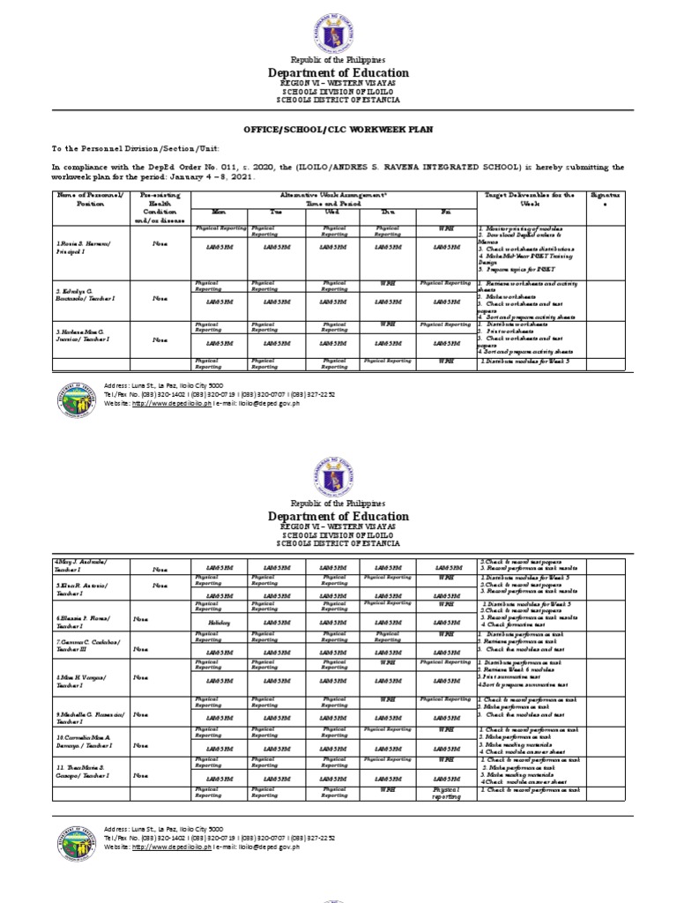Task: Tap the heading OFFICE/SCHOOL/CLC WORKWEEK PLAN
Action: click(338, 130)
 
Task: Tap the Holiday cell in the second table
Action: click(219, 621)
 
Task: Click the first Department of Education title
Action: click(338, 73)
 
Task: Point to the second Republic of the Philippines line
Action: click(338, 502)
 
